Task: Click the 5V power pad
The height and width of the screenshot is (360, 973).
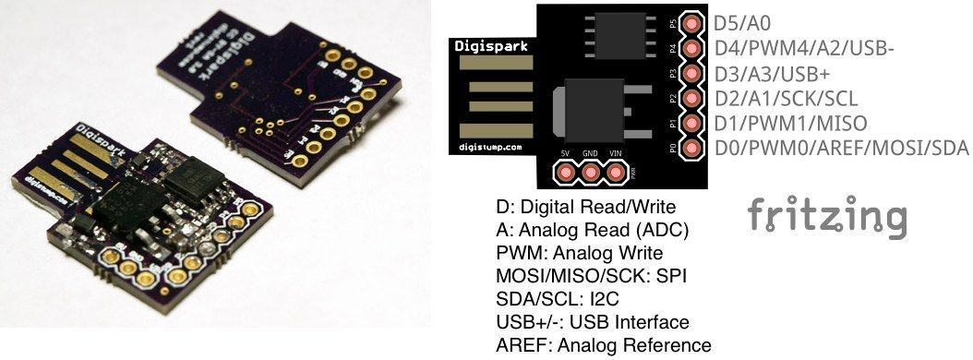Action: pyautogui.click(x=564, y=172)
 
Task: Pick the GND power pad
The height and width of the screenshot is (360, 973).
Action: pyautogui.click(x=589, y=172)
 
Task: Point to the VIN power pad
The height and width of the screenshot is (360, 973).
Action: pyautogui.click(x=614, y=172)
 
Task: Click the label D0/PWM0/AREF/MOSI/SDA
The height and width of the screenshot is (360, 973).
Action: pyautogui.click(x=841, y=148)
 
